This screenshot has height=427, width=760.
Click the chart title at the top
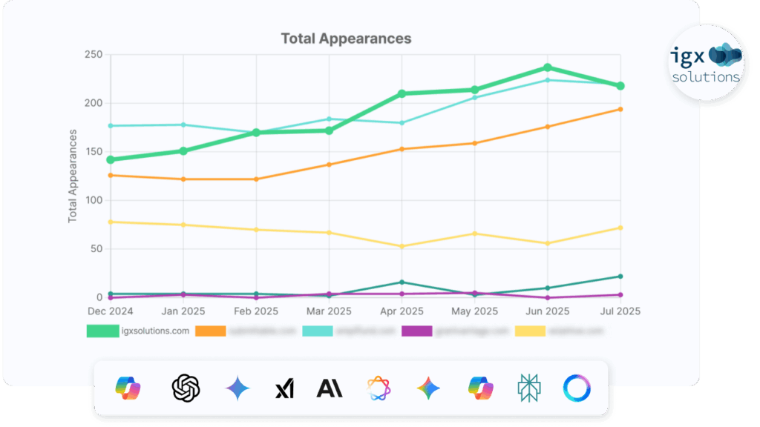pyautogui.click(x=346, y=38)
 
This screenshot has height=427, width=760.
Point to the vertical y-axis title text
pyautogui.click(x=73, y=176)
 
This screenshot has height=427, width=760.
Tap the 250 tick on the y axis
pyautogui.click(x=93, y=55)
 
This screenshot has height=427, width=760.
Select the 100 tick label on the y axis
pyautogui.click(x=93, y=200)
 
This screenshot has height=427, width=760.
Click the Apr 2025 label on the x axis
pyautogui.click(x=402, y=311)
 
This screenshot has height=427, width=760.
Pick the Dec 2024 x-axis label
pyautogui.click(x=110, y=311)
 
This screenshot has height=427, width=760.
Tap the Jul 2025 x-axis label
pyautogui.click(x=620, y=311)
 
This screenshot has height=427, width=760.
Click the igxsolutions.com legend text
pyautogui.click(x=154, y=331)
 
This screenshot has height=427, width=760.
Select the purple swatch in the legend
pyautogui.click(x=416, y=331)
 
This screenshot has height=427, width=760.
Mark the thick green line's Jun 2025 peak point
pyautogui.click(x=548, y=67)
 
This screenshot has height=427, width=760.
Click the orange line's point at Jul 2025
pyautogui.click(x=620, y=109)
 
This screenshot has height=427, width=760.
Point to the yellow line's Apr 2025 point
pyautogui.click(x=402, y=246)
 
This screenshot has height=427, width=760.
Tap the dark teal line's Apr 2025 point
pyautogui.click(x=402, y=282)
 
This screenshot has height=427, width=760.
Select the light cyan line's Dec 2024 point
pyautogui.click(x=111, y=125)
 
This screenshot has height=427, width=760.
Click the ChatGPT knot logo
pyautogui.click(x=186, y=388)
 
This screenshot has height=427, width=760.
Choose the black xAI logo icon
pyautogui.click(x=284, y=388)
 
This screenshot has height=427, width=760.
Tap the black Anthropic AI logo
pyautogui.click(x=330, y=388)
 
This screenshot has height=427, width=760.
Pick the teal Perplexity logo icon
pyautogui.click(x=528, y=388)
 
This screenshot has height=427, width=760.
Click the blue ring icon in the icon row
pyautogui.click(x=577, y=388)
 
